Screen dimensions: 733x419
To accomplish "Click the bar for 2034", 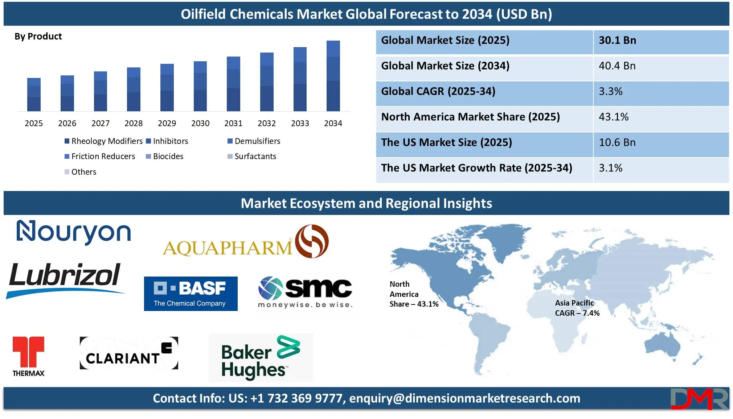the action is (x=333, y=76).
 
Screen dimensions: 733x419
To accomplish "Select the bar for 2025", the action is (x=34, y=95).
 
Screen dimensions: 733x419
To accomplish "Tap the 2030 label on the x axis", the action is (x=200, y=124).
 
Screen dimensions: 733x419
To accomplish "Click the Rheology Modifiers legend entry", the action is (x=104, y=141).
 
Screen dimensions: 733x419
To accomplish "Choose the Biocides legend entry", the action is (x=165, y=156).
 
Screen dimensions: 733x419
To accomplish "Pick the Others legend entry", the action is (x=81, y=172).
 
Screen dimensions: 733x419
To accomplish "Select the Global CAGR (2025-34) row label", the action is (x=438, y=91).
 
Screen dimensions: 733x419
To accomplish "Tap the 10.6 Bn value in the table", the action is (x=617, y=142).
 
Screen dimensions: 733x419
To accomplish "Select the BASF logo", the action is (x=191, y=294).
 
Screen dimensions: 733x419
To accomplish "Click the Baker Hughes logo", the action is (x=261, y=358).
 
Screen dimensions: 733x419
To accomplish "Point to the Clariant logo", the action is (x=129, y=353).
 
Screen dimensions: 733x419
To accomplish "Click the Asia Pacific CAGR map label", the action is (x=577, y=308).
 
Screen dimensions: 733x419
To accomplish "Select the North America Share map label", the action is (x=414, y=294).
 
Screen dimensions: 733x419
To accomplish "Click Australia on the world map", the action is (x=662, y=346).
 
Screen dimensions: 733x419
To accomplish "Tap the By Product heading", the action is (x=38, y=36).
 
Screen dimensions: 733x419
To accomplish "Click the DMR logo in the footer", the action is (x=699, y=399).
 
